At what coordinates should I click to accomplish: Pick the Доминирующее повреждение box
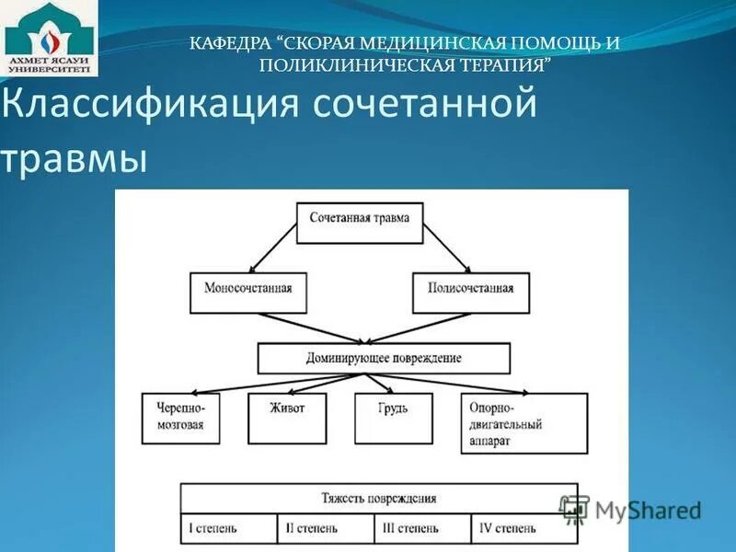click(x=384, y=358)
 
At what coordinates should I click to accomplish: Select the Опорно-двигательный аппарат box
click(x=523, y=423)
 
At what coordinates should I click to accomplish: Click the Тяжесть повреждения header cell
click(x=378, y=499)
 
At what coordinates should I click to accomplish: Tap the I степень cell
click(x=228, y=529)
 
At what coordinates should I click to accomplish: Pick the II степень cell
click(x=326, y=529)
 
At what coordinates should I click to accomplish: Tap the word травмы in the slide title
click(x=74, y=157)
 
